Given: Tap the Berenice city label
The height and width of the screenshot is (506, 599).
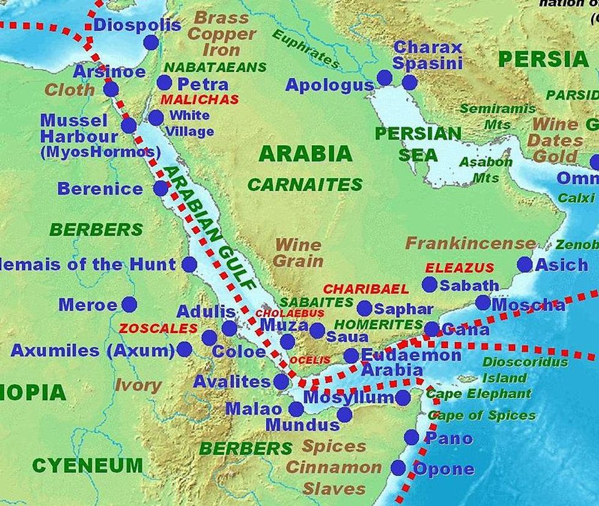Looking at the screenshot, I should (100, 189).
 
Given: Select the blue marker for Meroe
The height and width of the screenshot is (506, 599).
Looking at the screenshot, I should (129, 304).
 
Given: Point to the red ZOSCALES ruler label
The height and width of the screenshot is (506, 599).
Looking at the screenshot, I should (158, 328).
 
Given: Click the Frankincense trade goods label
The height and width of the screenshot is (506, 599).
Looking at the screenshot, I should (462, 244).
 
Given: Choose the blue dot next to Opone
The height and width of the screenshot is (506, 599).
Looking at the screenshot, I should (399, 468).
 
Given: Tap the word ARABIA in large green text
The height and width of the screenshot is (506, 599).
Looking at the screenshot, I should (305, 153).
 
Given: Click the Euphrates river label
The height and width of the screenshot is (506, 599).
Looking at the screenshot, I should (305, 48).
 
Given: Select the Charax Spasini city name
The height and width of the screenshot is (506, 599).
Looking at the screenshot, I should (427, 55).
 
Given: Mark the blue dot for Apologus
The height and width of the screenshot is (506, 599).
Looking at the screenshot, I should (384, 78).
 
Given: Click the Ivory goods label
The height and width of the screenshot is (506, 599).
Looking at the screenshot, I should (138, 385).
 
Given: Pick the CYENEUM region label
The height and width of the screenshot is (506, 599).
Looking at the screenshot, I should (87, 466).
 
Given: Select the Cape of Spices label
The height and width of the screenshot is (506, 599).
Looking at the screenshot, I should (482, 416).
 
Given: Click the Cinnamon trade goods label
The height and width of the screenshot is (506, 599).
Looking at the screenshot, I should (334, 468).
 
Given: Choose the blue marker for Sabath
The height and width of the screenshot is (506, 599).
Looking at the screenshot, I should (430, 284).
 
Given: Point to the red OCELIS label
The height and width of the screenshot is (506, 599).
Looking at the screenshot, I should (310, 360).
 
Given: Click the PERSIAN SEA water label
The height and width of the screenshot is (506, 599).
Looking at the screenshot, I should (418, 144).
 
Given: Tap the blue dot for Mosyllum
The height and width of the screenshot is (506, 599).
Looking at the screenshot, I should (402, 398).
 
